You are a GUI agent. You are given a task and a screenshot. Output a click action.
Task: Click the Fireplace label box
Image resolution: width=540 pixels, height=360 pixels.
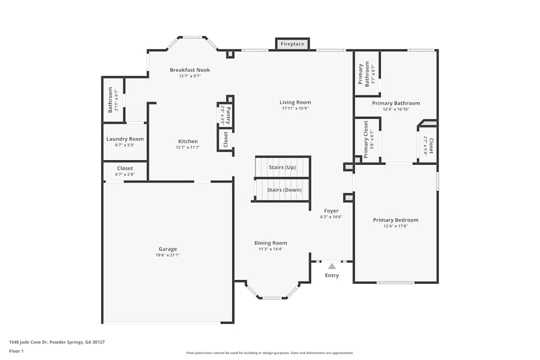(x=292, y=44)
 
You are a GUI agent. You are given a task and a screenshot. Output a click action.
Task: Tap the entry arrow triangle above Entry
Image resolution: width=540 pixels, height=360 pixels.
(x=332, y=266)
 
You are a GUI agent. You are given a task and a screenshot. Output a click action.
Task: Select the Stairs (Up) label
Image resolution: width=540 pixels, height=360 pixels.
(x=282, y=167)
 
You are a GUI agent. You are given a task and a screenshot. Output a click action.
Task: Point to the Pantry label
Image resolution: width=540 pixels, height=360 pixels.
(x=228, y=115)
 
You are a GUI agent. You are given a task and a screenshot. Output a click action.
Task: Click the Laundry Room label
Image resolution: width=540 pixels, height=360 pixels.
(x=125, y=139)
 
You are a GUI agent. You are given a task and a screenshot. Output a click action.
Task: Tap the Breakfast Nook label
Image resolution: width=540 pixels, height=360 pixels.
(x=190, y=70)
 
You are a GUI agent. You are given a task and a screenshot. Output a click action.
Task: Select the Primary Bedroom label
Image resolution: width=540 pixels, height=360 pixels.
(x=395, y=220)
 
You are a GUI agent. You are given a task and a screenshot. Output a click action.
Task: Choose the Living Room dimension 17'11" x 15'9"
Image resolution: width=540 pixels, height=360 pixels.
(x=295, y=108)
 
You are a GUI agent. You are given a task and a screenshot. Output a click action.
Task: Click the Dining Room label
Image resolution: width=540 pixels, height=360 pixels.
(x=271, y=243)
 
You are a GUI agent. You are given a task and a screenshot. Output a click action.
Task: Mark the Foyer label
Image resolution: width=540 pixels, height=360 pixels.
(x=331, y=210)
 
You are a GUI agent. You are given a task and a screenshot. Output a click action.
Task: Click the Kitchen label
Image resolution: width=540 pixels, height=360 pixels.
(x=188, y=141)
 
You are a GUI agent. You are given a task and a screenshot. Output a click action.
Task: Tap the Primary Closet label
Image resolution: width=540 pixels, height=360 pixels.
(x=366, y=139)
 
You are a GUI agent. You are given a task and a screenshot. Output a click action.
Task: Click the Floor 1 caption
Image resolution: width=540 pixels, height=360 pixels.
(x=17, y=351)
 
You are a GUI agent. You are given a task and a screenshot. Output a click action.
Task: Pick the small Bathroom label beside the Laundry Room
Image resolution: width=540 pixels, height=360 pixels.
(x=110, y=100)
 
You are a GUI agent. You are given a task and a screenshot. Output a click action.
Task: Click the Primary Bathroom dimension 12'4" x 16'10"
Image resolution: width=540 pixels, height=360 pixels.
(x=395, y=109)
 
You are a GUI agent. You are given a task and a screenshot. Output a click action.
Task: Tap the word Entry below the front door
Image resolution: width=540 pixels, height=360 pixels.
(x=332, y=275)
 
